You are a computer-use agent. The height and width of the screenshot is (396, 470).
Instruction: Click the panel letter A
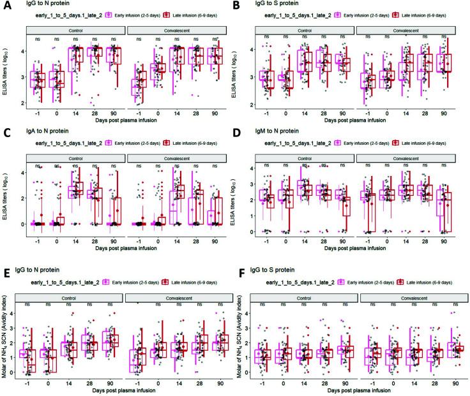tap(5, 6)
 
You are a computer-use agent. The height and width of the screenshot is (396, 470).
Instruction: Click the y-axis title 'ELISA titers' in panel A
tap(7, 75)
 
